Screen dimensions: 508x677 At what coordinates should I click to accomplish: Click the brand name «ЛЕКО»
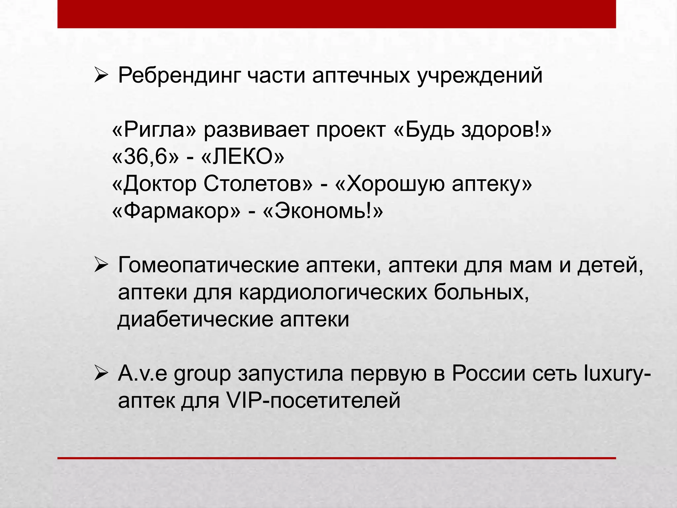242,156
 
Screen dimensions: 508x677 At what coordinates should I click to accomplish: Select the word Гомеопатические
208,265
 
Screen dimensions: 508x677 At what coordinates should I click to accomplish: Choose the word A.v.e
142,374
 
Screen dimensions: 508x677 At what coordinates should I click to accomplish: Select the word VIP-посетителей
313,401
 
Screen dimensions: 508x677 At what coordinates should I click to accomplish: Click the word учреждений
480,75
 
